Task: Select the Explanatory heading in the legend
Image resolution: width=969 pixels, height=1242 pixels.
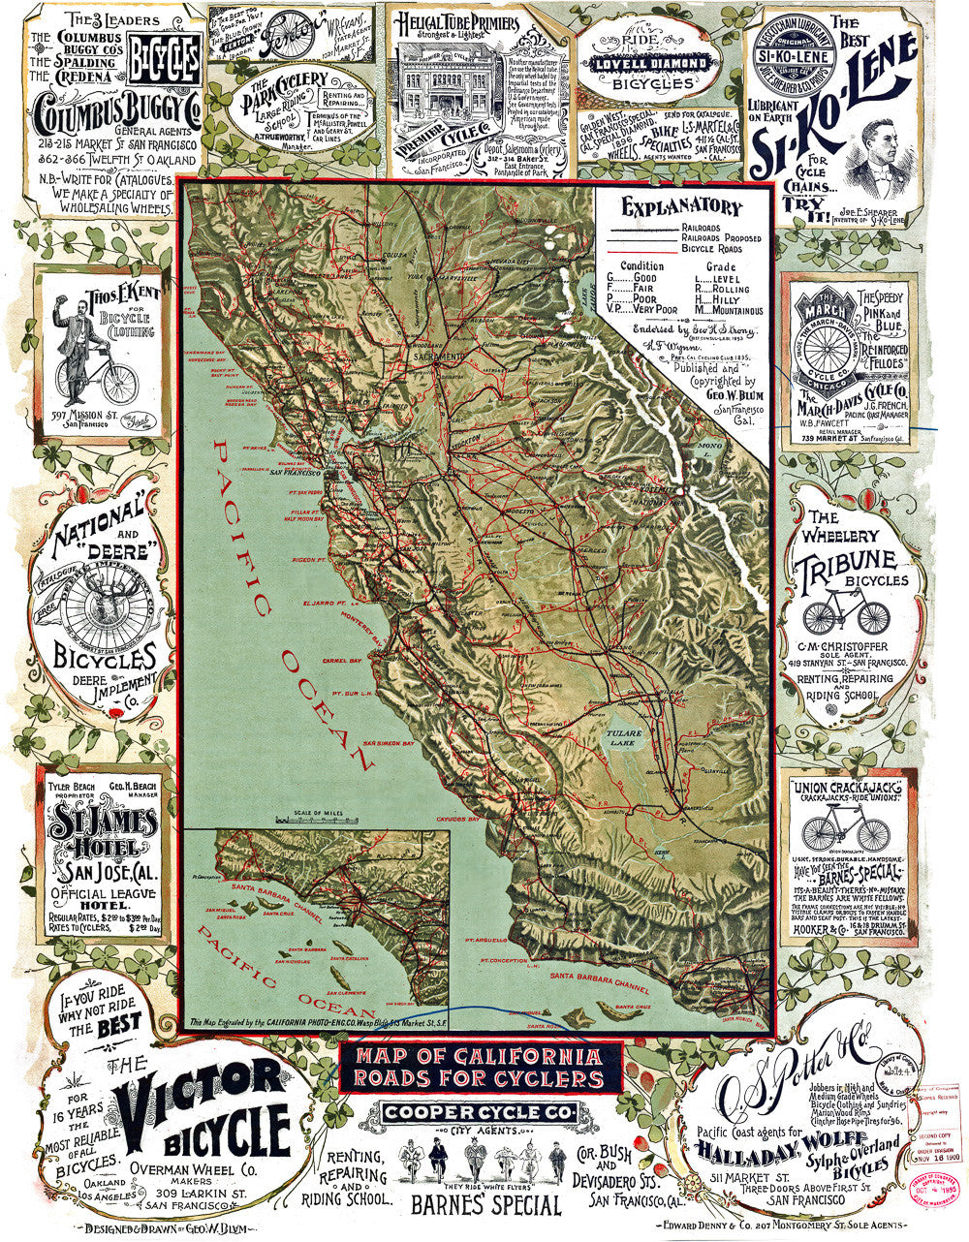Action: [x=682, y=207]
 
